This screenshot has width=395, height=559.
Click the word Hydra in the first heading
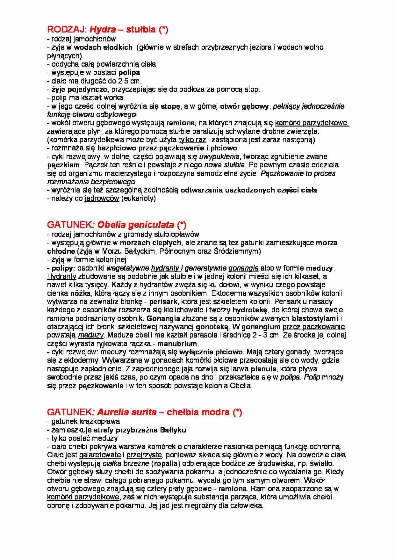(x=103, y=30)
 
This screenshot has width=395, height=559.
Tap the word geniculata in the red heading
(x=153, y=225)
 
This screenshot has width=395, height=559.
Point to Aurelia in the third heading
(x=110, y=412)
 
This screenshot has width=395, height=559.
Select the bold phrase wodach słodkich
(x=103, y=47)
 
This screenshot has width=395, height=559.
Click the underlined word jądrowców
(x=102, y=199)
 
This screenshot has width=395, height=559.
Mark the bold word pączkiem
(x=64, y=165)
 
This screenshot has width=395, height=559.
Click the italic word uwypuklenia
(x=219, y=156)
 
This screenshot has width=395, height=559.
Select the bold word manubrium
(x=177, y=344)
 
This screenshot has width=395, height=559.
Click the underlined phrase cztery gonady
(x=287, y=352)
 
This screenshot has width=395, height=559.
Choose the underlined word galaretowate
(x=100, y=455)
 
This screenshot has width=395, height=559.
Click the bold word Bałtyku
(x=173, y=430)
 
